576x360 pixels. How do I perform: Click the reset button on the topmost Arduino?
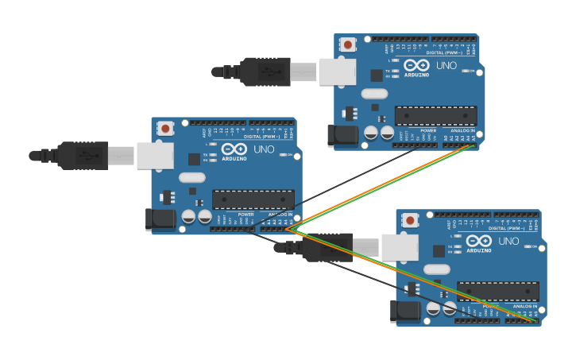click(348, 45)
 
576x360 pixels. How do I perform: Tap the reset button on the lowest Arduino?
click(410, 220)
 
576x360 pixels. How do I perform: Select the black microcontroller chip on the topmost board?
click(435, 116)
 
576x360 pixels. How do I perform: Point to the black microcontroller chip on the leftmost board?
click(253, 199)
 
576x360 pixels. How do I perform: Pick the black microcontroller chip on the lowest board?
click(497, 292)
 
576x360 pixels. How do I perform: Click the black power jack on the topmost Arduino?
click(344, 135)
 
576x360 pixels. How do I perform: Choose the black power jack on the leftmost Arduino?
click(161, 219)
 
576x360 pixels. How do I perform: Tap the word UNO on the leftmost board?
click(264, 149)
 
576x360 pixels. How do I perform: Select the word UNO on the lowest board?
click(508, 241)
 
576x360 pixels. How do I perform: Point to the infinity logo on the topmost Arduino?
click(416, 65)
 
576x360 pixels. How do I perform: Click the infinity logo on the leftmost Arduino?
click(234, 149)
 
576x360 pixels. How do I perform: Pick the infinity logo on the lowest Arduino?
click(479, 241)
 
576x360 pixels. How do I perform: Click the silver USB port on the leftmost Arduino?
click(155, 156)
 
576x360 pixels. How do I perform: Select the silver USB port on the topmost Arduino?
click(338, 72)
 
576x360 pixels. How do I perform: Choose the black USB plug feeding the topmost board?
click(265, 72)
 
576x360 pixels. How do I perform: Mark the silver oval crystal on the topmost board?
click(374, 94)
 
